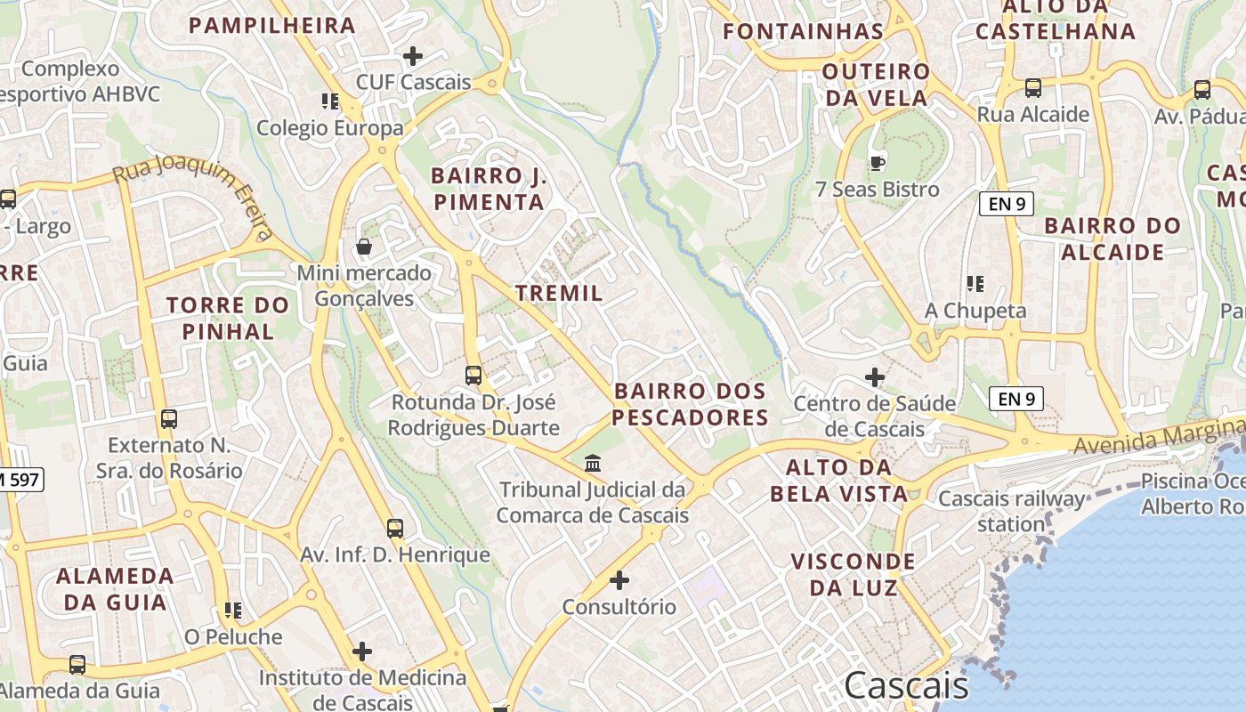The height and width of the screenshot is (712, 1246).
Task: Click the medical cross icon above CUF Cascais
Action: (413, 56)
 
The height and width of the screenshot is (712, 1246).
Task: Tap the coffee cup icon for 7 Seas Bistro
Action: (877, 163)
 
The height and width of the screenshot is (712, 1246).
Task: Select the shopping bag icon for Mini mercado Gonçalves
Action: (364, 247)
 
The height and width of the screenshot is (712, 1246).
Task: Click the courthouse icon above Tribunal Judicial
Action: (593, 463)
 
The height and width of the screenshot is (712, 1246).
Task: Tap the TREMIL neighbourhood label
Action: (559, 292)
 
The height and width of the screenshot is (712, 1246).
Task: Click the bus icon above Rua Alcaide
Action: (1033, 88)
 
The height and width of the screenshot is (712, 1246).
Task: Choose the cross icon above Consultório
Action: (619, 581)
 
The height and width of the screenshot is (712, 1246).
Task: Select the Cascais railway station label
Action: (1012, 511)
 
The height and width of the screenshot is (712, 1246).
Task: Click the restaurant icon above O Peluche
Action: (233, 611)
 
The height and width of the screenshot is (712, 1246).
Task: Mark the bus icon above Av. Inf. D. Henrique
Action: (395, 529)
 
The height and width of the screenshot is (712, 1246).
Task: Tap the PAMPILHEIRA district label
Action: (272, 25)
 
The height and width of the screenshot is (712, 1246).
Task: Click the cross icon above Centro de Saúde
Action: (876, 377)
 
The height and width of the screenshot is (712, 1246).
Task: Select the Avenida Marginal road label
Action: (1157, 434)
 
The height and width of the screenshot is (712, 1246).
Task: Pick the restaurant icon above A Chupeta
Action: (975, 284)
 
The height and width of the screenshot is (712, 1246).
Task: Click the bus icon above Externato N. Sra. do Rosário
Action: (169, 418)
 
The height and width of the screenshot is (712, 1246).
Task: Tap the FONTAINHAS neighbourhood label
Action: (803, 31)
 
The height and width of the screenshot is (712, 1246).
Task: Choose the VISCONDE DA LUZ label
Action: (853, 574)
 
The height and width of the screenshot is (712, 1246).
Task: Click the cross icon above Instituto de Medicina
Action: (362, 651)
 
